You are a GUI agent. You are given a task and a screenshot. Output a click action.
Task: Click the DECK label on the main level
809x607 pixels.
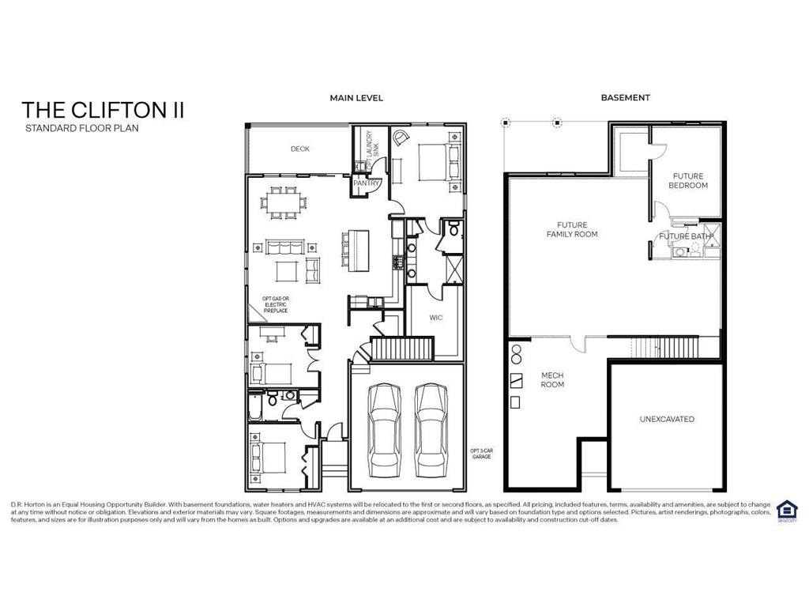(x=299, y=149)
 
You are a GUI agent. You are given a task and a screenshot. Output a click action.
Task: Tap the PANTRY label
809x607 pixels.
(x=367, y=183)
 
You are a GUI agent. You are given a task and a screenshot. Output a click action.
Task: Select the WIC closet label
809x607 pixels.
(x=436, y=318)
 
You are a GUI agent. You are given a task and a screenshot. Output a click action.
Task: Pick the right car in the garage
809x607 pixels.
(x=431, y=425)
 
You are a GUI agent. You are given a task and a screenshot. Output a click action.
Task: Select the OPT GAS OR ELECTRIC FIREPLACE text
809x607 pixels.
(x=275, y=304)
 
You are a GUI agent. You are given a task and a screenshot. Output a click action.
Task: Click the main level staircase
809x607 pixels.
(x=403, y=348)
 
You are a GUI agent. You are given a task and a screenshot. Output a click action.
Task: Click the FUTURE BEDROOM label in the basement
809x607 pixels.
(x=687, y=181)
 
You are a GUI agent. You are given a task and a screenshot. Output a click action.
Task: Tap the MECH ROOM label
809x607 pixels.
(x=551, y=380)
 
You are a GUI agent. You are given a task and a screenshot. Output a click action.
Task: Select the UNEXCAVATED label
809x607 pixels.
(x=667, y=419)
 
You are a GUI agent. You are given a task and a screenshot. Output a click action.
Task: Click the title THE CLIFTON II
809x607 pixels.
(x=103, y=110)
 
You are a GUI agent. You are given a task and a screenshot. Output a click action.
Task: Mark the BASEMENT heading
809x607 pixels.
(x=625, y=98)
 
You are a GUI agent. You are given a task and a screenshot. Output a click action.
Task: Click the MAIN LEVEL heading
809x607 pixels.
(x=356, y=98)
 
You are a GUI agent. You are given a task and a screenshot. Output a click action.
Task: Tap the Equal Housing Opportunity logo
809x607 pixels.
(x=786, y=510)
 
